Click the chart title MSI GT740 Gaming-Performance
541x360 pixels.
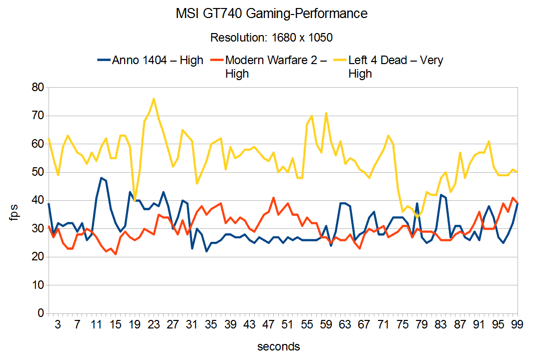[271, 14]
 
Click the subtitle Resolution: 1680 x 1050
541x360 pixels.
[271, 38]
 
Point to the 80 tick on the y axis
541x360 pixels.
[38, 88]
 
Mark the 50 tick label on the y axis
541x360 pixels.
[38, 172]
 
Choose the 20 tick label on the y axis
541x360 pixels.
[38, 257]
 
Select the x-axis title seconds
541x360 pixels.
[278, 346]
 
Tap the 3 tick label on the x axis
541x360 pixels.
[58, 324]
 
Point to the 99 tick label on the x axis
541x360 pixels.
[517, 324]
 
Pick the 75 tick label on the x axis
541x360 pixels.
[402, 324]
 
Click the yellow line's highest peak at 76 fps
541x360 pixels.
[154, 99]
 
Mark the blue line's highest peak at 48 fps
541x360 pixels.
[101, 178]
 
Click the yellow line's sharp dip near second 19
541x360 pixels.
[135, 200]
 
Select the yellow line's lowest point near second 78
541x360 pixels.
[417, 217]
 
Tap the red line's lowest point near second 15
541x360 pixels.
[116, 254]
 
